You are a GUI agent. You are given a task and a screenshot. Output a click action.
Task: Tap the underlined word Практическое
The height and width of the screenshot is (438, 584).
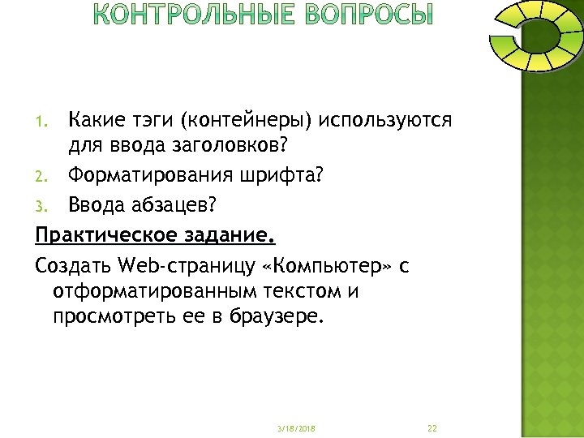pos(105,235)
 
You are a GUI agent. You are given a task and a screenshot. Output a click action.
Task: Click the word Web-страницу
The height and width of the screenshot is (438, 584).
pos(174,264)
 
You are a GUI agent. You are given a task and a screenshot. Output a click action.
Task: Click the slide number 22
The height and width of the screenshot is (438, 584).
pos(432,427)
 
